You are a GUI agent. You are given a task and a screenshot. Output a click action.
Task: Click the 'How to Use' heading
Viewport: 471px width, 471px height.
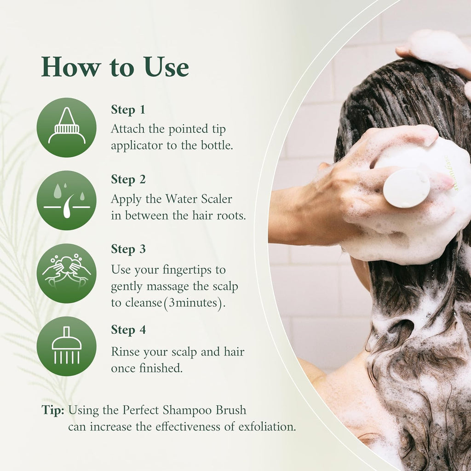click(x=115, y=68)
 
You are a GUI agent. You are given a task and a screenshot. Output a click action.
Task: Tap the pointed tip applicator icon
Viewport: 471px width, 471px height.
click(x=67, y=127)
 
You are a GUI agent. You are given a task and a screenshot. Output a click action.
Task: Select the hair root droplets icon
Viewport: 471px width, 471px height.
click(x=67, y=200)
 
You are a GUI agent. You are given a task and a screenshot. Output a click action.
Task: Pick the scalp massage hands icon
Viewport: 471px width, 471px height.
click(x=67, y=273)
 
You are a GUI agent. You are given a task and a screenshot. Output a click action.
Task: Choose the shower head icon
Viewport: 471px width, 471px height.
click(x=67, y=346)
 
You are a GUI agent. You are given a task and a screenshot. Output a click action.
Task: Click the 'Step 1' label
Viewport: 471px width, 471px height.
click(x=128, y=109)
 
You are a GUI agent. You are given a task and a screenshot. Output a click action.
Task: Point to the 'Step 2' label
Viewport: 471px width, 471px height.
click(x=128, y=179)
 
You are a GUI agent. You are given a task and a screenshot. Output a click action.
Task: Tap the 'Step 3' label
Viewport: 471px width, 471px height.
click(x=128, y=249)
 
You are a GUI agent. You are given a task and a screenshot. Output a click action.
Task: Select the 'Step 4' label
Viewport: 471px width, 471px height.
click(x=128, y=330)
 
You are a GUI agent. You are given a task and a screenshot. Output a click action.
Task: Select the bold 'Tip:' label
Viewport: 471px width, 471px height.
click(x=53, y=410)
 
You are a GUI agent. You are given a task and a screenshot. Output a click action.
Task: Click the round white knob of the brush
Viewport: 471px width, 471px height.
click(x=407, y=187)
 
